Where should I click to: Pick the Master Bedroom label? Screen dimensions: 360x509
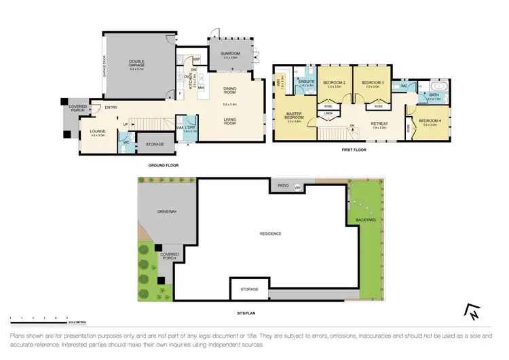[293, 115]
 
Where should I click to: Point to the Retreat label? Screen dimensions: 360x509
[379, 123]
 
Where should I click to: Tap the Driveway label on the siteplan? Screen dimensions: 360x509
[167, 212]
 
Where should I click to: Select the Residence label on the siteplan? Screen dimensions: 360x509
[270, 234]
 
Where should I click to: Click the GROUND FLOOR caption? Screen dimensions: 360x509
[163, 165]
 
